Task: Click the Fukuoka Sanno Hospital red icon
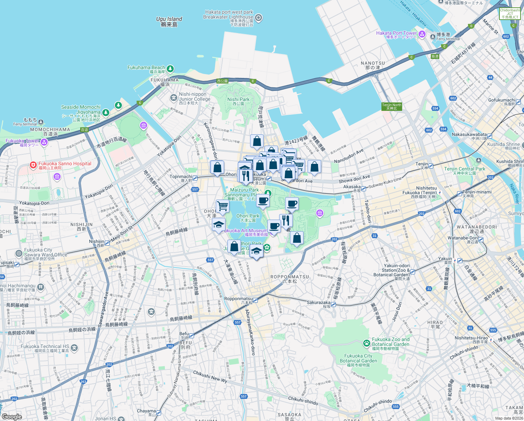pos(33,165)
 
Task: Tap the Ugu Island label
pos(169,22)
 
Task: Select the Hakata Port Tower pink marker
pos(422,34)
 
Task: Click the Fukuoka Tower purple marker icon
pos(44,142)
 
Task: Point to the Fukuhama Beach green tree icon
pos(170,69)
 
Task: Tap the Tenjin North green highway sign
pos(392,107)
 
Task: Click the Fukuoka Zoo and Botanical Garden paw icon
pos(366,343)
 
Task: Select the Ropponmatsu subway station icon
pos(255,300)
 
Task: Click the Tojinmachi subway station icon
pos(195,178)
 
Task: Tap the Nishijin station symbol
pos(107,243)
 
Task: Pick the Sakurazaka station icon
pos(334,305)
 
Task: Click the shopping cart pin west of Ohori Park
pos(222,206)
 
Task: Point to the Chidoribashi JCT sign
pos(510,14)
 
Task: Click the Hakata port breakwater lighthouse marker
pos(258,18)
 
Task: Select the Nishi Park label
pos(238,101)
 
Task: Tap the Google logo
pos(12,417)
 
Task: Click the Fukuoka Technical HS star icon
pos(74,348)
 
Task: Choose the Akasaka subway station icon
pos(364,189)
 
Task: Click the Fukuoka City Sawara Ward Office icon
pos(19,253)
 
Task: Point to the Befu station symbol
pos(192,335)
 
